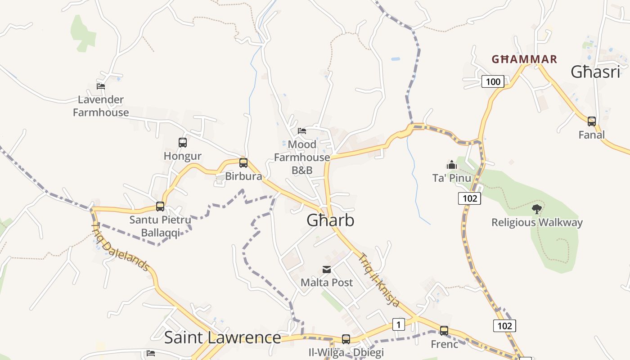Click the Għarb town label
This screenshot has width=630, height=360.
(330, 220)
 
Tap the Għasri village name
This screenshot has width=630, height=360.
(595, 72)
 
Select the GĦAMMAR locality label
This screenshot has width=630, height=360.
(524, 59)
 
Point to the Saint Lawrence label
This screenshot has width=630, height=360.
(222, 337)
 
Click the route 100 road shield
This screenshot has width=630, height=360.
(493, 81)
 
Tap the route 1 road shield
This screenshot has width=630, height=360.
(398, 324)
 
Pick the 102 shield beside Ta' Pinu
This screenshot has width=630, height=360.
(469, 198)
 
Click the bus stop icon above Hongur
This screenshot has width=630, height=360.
(182, 143)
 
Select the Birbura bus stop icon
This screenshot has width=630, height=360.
(243, 163)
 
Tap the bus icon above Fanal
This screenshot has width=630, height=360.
(592, 121)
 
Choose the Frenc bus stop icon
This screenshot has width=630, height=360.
(444, 331)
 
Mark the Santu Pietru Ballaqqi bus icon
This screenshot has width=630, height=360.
(160, 207)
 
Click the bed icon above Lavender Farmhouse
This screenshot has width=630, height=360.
(101, 86)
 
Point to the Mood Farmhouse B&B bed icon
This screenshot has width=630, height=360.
(302, 131)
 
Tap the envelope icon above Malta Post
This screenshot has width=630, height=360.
(327, 270)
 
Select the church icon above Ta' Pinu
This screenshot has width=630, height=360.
(452, 165)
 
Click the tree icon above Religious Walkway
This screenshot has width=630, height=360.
(536, 209)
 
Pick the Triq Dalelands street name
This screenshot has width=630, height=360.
(120, 247)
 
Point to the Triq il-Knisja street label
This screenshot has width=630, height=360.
(378, 280)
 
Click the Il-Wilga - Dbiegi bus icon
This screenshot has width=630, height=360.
(346, 339)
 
